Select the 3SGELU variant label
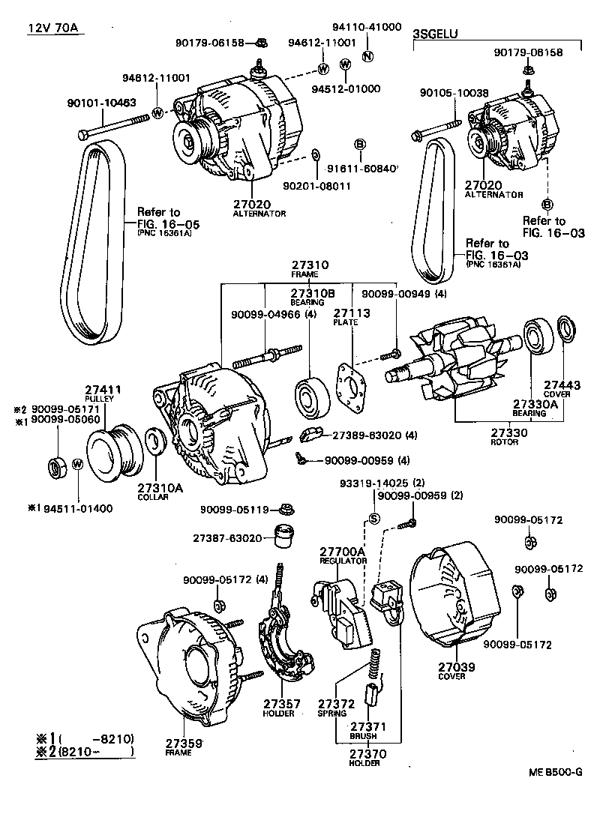click(435, 34)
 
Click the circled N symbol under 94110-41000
click(367, 56)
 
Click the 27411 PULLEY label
click(103, 394)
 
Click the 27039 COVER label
click(451, 670)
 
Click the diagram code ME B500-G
click(553, 773)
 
